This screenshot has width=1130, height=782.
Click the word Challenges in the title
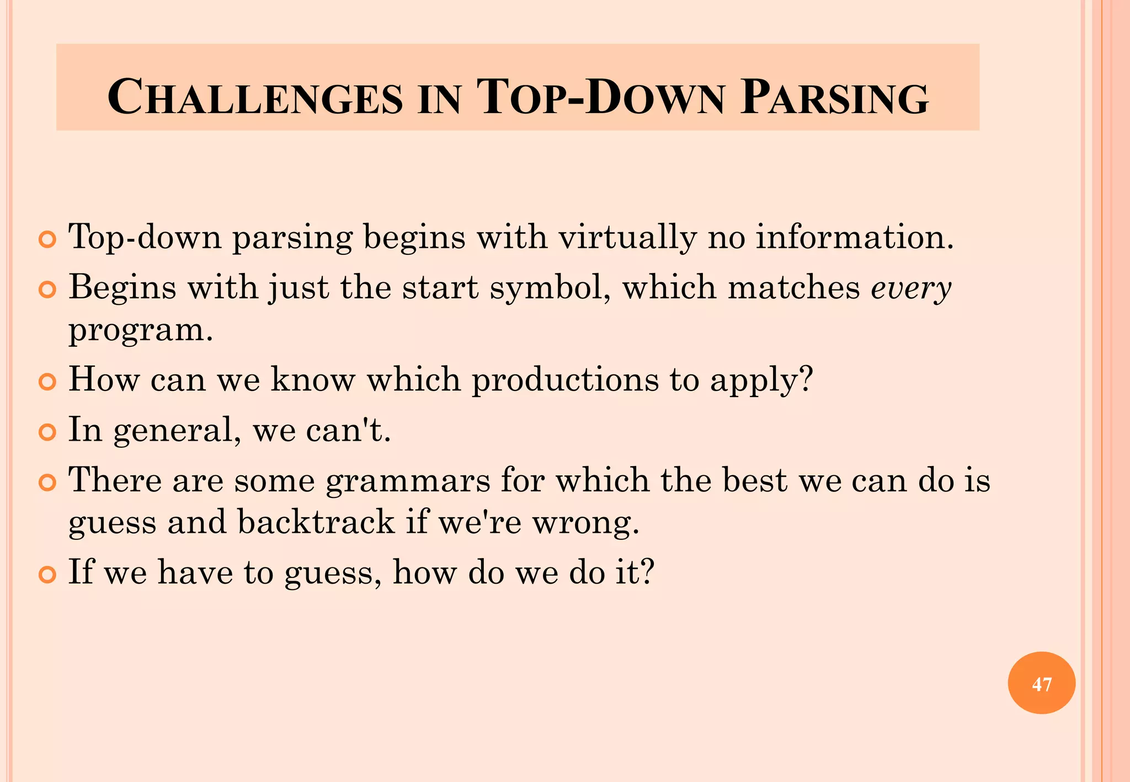(x=255, y=98)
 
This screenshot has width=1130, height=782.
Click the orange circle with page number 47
(x=1041, y=683)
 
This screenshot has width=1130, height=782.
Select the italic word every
(x=911, y=288)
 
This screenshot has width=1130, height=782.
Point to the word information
(x=854, y=237)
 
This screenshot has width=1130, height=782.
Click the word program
(x=140, y=331)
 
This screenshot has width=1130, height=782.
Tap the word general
(x=177, y=430)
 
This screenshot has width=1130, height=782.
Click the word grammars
(x=407, y=480)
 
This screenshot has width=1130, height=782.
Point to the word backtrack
(x=316, y=522)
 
